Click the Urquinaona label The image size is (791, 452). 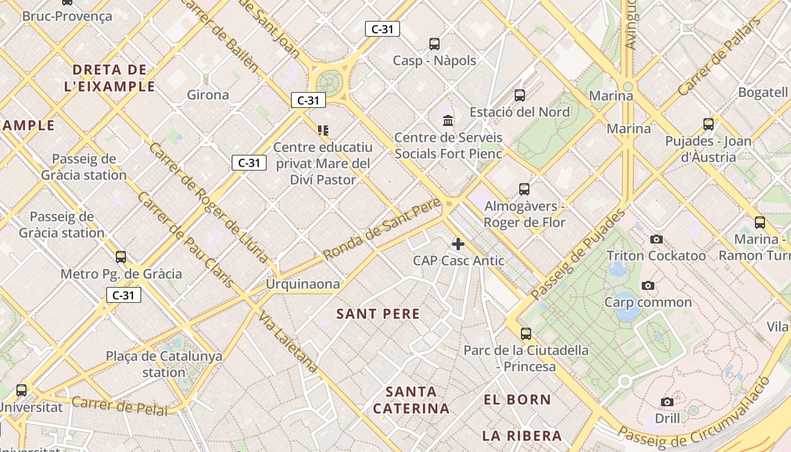(303, 284)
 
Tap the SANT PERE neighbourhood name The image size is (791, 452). (378, 314)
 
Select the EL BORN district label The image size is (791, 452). (517, 399)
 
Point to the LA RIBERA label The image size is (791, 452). (521, 436)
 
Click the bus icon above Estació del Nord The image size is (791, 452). (520, 95)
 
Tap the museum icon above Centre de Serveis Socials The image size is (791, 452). (449, 120)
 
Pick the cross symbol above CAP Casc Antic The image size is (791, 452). (458, 244)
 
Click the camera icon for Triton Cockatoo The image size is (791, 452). (656, 239)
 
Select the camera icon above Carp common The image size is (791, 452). (648, 285)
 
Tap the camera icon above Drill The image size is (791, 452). (667, 402)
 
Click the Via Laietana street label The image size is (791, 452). (288, 341)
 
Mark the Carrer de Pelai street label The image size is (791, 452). (120, 406)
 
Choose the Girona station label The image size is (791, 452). (208, 94)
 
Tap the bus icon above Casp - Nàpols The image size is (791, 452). (434, 44)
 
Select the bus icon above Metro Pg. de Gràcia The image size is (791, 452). (121, 257)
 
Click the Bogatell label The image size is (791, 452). (763, 92)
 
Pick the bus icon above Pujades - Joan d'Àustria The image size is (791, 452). (709, 124)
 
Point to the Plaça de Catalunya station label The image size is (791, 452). (164, 364)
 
